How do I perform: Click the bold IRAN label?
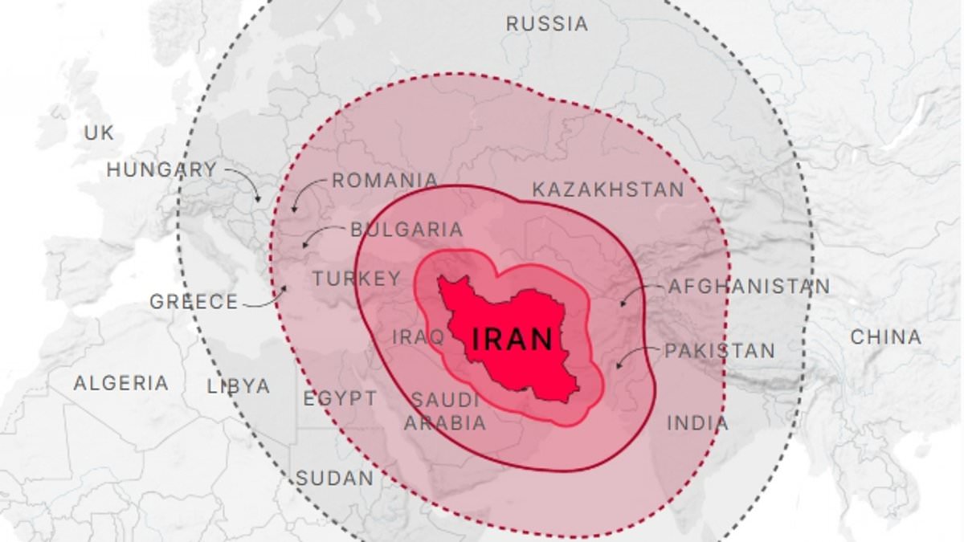(513, 339)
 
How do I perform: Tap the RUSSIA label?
(547, 24)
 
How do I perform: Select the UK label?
(100, 133)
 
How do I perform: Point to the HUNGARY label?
(162, 170)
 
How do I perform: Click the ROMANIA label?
(386, 181)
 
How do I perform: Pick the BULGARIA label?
(406, 230)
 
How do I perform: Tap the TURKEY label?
(357, 279)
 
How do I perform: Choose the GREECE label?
(194, 302)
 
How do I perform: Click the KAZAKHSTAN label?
(608, 189)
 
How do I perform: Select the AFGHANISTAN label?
(749, 287)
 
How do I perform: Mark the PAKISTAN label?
(720, 351)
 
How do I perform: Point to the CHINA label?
(886, 337)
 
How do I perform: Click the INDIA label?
(698, 422)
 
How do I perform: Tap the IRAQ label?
(418, 336)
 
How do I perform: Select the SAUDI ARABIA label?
(445, 411)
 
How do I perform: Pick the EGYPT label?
(340, 398)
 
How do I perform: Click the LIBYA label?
(239, 386)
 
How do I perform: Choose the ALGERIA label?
(121, 383)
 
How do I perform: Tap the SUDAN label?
(335, 479)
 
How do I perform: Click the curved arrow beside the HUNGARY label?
(245, 181)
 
